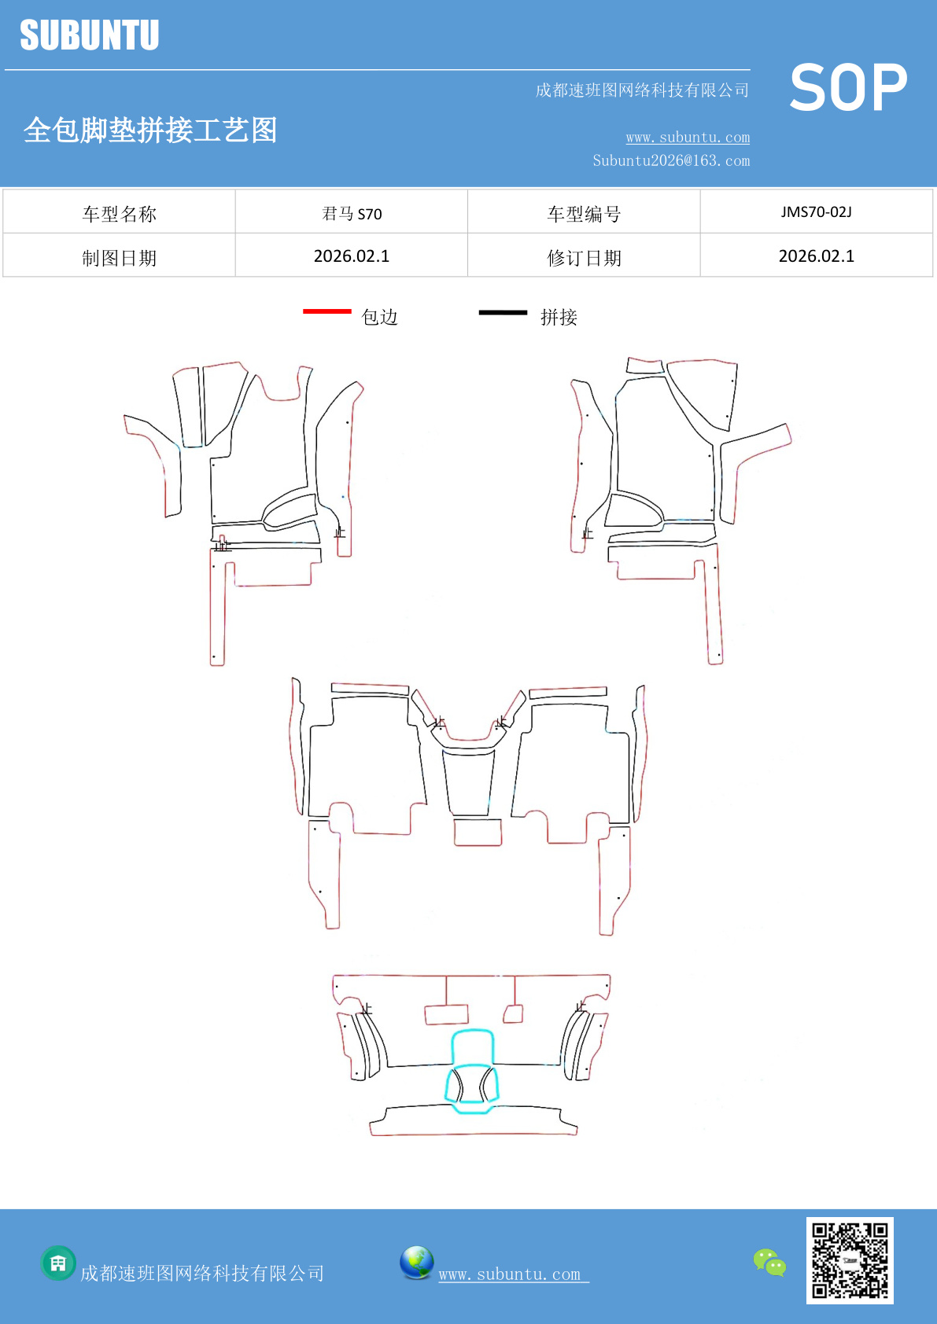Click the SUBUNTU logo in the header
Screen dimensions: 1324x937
click(x=90, y=35)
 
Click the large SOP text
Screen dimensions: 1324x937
click(x=848, y=88)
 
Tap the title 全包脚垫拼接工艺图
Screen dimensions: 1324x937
click(x=150, y=131)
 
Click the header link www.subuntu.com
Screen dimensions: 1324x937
click(x=688, y=138)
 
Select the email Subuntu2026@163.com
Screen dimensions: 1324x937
click(x=671, y=160)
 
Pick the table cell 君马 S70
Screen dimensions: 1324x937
click(x=352, y=213)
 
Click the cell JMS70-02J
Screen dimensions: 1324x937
click(x=816, y=212)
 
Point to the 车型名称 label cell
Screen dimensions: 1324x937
click(x=120, y=214)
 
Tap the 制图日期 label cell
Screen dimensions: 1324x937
click(x=120, y=258)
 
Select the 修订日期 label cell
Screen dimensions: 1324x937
click(x=584, y=258)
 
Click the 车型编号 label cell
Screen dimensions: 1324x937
click(x=584, y=214)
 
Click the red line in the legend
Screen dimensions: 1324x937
click(x=327, y=311)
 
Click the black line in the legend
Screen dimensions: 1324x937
click(x=503, y=312)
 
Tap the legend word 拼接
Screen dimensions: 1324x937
click(x=559, y=317)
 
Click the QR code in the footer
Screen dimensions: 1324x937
click(x=850, y=1260)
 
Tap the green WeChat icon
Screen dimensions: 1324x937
click(x=769, y=1262)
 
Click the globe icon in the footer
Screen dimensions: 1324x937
click(x=416, y=1263)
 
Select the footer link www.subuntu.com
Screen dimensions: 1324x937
click(x=513, y=1274)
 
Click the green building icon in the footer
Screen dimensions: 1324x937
click(x=58, y=1263)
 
